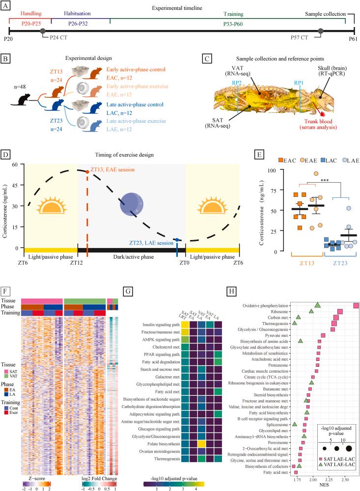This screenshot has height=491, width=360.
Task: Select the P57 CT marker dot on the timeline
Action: (x=320, y=31)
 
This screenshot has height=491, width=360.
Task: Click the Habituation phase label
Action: (x=78, y=15)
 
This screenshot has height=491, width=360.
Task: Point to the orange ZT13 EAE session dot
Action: (x=87, y=172)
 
